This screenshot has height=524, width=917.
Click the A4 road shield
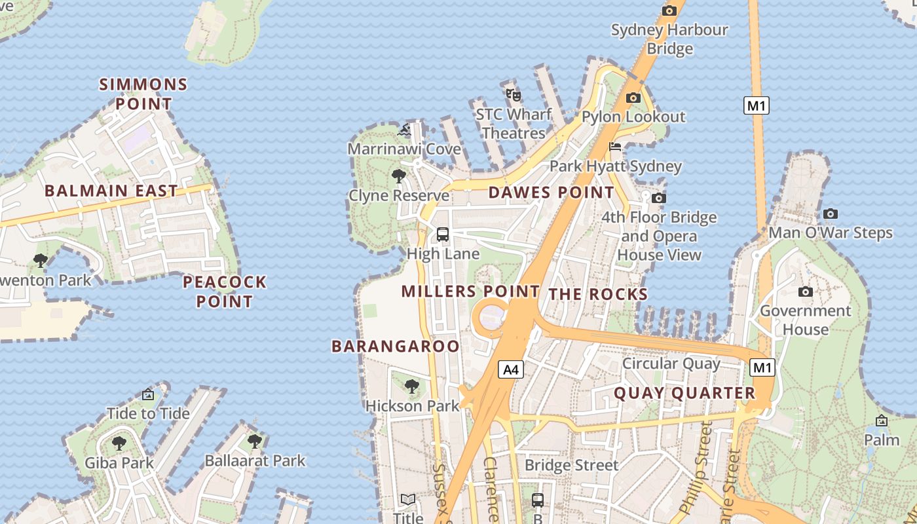tap(511, 369)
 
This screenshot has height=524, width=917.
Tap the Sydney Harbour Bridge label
tap(669, 39)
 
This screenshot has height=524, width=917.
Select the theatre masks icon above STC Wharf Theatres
tap(514, 96)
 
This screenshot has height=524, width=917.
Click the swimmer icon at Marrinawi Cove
tap(405, 130)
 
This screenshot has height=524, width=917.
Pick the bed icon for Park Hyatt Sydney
tap(614, 147)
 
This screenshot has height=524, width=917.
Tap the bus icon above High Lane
tap(443, 234)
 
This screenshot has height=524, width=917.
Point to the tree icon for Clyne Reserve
tap(398, 176)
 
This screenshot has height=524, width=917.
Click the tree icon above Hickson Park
tap(412, 386)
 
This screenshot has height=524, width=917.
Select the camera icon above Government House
tap(806, 291)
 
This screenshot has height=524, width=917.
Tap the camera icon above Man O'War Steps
tap(831, 214)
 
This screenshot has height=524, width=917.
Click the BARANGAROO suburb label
tap(396, 346)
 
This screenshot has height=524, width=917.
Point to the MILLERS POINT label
tap(470, 291)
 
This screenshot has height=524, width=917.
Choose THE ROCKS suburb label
tap(598, 295)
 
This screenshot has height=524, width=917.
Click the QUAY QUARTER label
tap(684, 393)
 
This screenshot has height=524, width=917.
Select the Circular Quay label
tap(671, 364)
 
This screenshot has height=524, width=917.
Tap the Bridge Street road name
tap(571, 465)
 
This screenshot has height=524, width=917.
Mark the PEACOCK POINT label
tap(225, 292)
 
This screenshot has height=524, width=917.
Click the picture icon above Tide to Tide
tap(148, 394)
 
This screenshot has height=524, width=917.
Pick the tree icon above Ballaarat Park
tap(255, 441)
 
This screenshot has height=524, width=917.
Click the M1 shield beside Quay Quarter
tap(762, 367)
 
